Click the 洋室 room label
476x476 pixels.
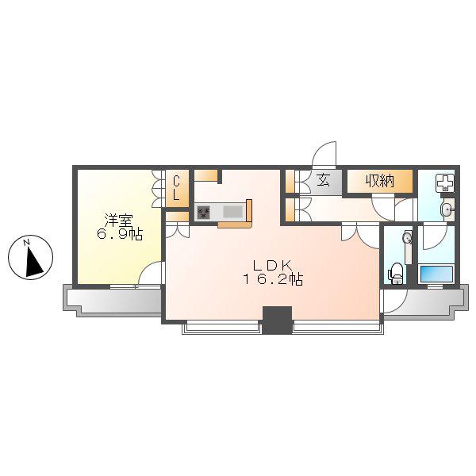[x=119, y=220]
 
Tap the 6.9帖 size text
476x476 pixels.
[x=120, y=234]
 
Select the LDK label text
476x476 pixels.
[x=273, y=266]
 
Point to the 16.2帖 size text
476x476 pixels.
[x=273, y=279]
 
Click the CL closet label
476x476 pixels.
[x=176, y=188]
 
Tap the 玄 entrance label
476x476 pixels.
[x=323, y=181]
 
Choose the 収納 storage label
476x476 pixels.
[x=380, y=181]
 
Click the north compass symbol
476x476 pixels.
[x=30, y=257]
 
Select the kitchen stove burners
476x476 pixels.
[x=203, y=212]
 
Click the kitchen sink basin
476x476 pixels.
[x=232, y=212]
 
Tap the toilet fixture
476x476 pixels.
[x=396, y=274]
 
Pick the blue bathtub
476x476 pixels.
[x=436, y=274]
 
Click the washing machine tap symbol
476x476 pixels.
[x=445, y=183]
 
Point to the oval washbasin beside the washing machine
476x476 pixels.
[x=447, y=209]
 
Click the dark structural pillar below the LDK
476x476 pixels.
[x=277, y=320]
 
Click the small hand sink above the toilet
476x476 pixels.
[x=408, y=237]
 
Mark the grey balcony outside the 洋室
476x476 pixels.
[x=113, y=301]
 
